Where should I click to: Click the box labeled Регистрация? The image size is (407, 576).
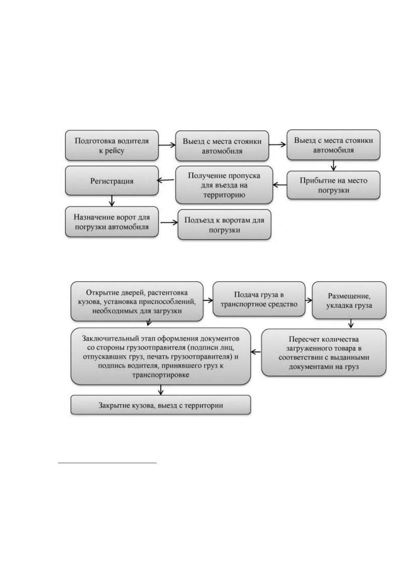tap(112, 181)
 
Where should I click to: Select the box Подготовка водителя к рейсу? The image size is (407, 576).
tap(112, 145)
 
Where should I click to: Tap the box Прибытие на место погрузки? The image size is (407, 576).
tap(334, 185)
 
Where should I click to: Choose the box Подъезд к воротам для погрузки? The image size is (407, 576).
tap(225, 224)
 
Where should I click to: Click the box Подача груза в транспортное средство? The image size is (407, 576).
tap(259, 299)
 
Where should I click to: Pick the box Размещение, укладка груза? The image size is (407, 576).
tap(349, 300)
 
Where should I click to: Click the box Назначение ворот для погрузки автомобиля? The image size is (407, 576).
tap(112, 222)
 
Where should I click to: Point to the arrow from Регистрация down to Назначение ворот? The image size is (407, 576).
tap(111, 200)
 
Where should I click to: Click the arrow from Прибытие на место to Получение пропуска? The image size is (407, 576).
tap(280, 185)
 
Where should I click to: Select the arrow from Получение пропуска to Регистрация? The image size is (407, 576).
tap(166, 180)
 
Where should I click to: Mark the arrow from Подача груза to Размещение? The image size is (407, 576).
tap(309, 300)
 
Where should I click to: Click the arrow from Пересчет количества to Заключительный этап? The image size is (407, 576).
tap(256, 352)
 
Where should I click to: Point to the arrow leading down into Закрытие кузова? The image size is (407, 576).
tap(161, 390)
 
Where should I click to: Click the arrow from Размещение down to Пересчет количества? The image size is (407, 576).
tap(351, 324)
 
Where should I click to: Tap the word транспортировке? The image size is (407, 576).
tap(161, 375)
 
